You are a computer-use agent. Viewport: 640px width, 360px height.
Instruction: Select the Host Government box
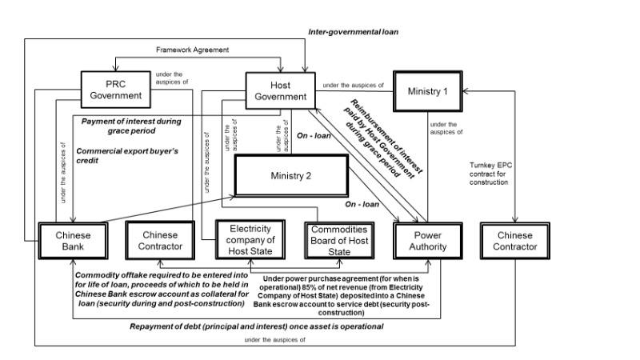(x=277, y=90)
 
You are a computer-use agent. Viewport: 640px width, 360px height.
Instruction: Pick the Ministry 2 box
(x=293, y=176)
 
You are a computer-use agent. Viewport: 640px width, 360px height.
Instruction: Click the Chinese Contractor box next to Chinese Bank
(x=159, y=240)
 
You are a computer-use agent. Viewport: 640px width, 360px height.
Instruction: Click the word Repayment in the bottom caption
(x=154, y=327)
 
